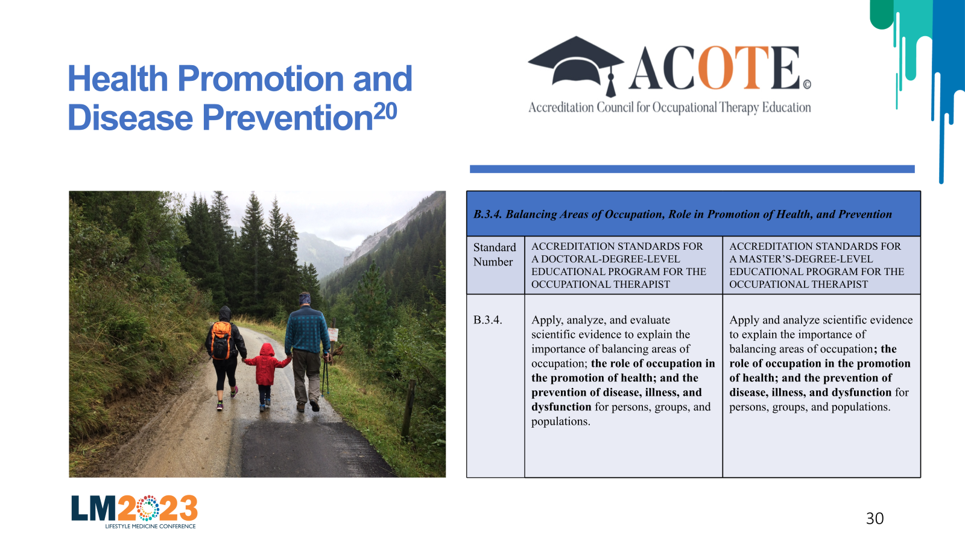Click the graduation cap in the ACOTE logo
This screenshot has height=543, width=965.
577,65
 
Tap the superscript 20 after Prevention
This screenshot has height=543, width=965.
385,111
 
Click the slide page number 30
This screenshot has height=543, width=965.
875,518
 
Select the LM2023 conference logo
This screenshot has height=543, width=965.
134,512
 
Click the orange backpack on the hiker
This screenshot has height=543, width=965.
221,340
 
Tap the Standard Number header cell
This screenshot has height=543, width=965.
495,265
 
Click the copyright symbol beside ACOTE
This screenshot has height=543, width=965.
807,84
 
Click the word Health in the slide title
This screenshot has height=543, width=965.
118,78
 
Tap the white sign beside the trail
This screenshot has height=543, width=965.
334,334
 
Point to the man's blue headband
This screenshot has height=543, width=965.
305,298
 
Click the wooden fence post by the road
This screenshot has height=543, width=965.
408,408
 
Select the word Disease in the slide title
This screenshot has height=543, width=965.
130,118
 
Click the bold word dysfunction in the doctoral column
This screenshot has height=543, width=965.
562,407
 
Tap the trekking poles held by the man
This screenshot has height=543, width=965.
326,374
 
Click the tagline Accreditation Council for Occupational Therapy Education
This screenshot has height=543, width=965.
669,107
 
